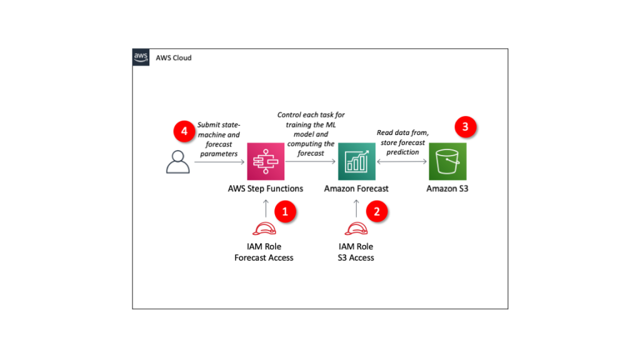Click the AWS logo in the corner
(141, 57)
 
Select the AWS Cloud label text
(174, 58)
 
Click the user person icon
(177, 161)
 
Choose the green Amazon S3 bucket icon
(447, 161)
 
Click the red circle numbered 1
(285, 212)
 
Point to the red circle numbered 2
(376, 212)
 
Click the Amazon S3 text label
(447, 189)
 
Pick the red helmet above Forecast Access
(264, 229)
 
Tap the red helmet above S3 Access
(356, 229)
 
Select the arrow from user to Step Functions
(219, 161)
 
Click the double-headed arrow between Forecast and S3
(401, 161)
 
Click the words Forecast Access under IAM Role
(264, 257)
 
